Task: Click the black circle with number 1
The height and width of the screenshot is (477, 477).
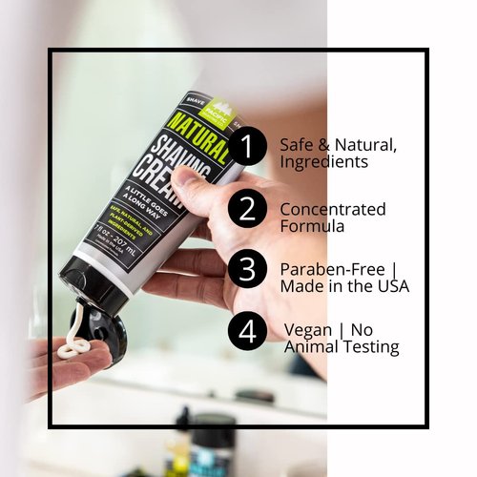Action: [248, 148]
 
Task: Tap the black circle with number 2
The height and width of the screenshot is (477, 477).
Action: [248, 209]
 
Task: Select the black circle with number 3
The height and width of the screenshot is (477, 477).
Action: [248, 270]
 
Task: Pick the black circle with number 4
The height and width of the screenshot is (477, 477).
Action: [248, 331]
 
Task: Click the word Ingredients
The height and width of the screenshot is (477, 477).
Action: [323, 162]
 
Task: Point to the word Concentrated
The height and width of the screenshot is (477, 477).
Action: [332, 209]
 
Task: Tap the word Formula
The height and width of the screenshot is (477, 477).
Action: [311, 227]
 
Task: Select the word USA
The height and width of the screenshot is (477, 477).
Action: [391, 286]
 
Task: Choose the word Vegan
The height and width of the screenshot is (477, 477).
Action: [308, 329]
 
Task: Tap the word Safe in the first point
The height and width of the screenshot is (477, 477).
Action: [297, 145]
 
